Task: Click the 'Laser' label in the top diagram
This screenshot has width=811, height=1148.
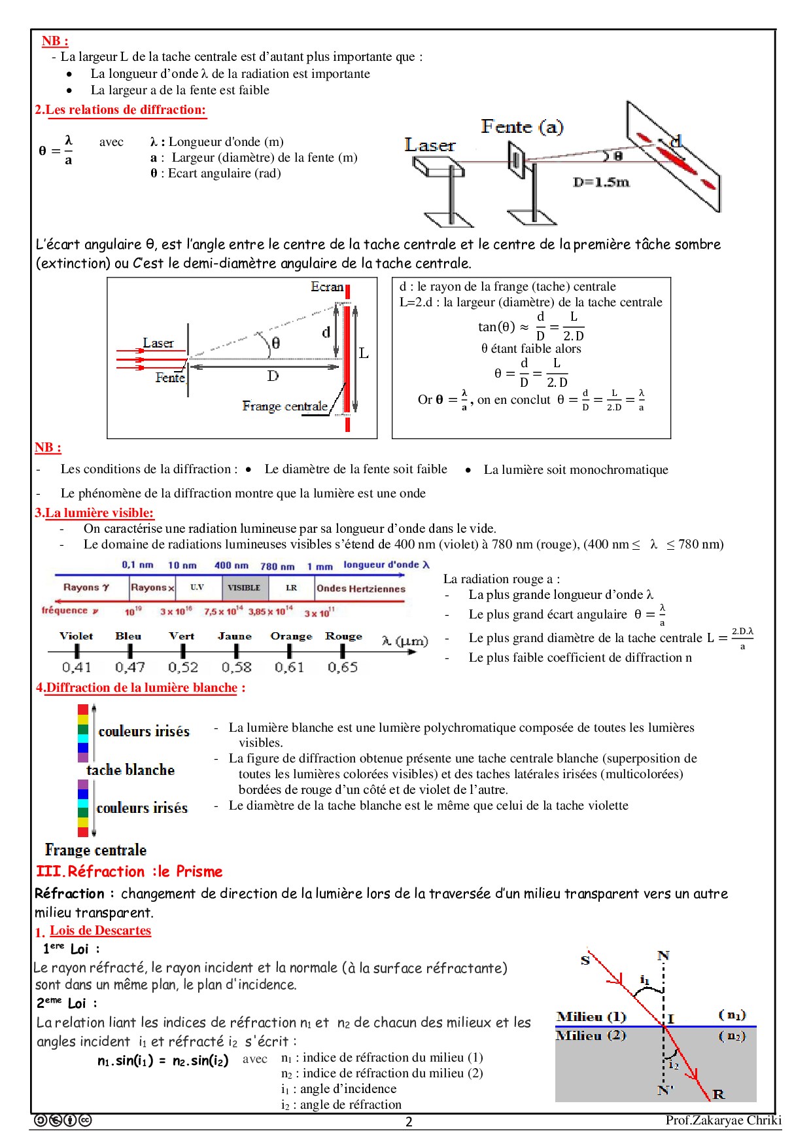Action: point(429,145)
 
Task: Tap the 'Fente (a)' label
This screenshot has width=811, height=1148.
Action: point(522,126)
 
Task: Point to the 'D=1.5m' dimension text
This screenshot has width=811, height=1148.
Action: point(601,182)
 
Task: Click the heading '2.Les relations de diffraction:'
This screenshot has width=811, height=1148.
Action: point(120,110)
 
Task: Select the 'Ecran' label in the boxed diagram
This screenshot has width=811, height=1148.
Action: point(326,287)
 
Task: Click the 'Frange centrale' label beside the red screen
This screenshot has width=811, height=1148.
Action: point(285,406)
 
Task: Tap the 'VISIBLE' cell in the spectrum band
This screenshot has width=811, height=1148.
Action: point(244,588)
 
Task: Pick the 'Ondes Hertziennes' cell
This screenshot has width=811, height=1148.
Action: point(361,588)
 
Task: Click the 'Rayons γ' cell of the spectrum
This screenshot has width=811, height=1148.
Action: point(86,588)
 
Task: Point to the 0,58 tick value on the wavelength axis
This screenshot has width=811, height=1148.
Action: point(236,667)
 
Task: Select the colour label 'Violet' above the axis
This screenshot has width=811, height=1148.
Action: point(76,636)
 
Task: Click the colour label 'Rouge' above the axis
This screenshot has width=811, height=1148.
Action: point(343,636)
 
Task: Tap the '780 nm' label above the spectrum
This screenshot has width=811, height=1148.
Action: point(277,566)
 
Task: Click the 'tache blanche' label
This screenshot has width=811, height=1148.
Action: point(130,770)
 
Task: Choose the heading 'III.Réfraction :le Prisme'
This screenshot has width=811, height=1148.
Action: point(129,872)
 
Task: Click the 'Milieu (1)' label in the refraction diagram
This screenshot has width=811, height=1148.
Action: point(591,1016)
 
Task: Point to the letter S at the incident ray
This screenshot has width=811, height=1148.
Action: point(585,960)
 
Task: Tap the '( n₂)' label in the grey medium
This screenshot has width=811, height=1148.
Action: point(732,1036)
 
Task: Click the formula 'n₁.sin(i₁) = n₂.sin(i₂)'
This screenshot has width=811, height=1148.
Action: point(163,1060)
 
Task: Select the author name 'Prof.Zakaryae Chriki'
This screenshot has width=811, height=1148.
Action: point(723,1120)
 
